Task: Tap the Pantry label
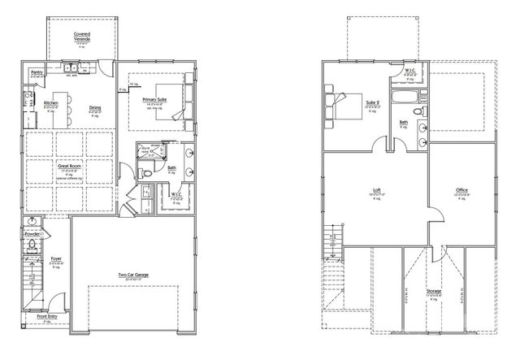click(36, 72)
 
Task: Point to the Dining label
click(95, 107)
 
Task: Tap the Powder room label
click(33, 233)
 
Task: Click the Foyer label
click(56, 260)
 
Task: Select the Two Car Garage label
click(133, 275)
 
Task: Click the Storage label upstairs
click(434, 291)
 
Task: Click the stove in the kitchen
click(27, 102)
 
